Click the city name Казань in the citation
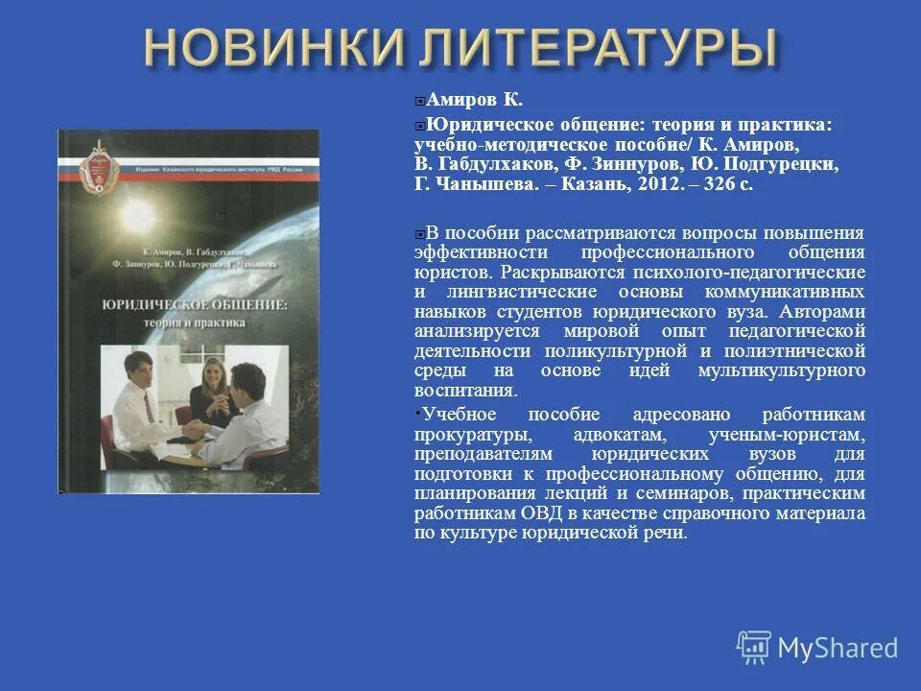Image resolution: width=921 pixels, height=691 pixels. click(618, 184)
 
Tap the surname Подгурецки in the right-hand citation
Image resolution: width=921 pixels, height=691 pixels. click(783, 164)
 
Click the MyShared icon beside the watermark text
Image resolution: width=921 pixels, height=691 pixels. click(754, 647)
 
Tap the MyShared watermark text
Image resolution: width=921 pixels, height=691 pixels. click(838, 648)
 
